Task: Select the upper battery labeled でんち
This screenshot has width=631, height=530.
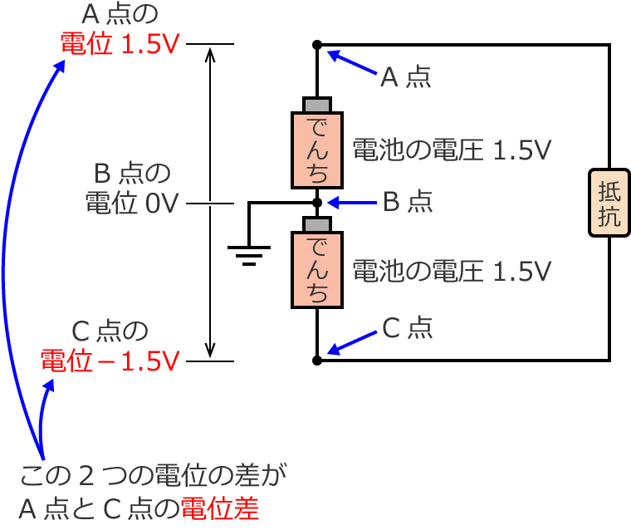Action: coord(316,150)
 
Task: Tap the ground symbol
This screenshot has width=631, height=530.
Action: coord(247,251)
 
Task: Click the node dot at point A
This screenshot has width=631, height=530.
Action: coord(316,44)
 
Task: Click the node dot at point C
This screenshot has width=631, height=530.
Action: coord(316,361)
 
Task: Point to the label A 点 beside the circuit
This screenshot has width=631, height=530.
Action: coord(405,78)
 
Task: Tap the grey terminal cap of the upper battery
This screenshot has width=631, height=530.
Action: coord(316,105)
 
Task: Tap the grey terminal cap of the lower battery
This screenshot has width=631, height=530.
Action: coord(316,224)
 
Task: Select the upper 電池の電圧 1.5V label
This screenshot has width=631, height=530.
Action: coord(452,150)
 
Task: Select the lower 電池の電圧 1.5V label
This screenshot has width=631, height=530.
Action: coord(452,271)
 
